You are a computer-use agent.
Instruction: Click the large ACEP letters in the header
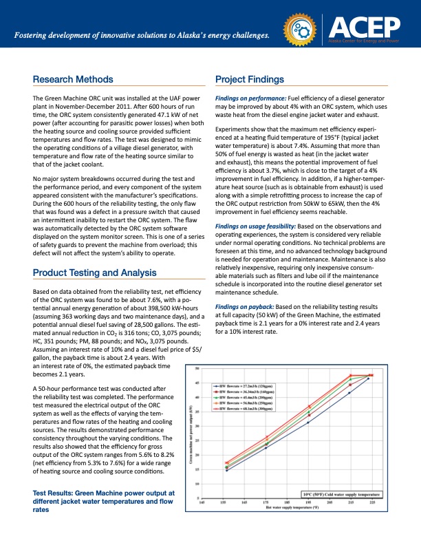365,27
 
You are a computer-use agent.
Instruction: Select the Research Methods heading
77,79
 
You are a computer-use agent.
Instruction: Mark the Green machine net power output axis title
191,434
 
